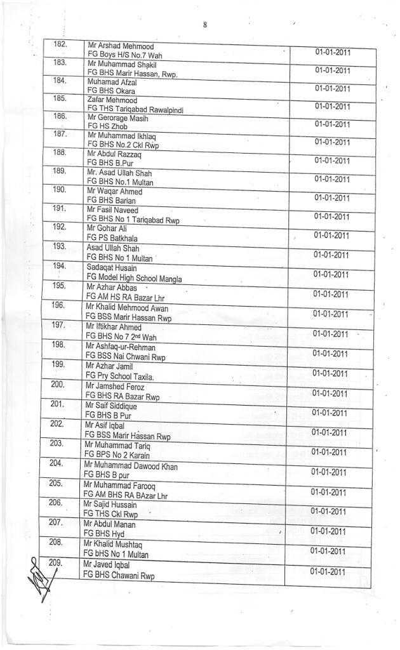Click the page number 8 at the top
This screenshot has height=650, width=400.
[x=205, y=25]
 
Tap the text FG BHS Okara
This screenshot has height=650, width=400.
[x=112, y=91]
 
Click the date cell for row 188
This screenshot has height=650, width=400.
[x=333, y=161]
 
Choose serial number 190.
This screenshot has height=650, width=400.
[x=60, y=190]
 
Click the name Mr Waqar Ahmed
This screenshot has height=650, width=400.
[x=115, y=192]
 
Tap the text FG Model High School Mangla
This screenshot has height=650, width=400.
[x=134, y=279]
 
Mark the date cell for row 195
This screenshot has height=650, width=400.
[x=331, y=295]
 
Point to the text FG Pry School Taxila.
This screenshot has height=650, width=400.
[x=119, y=377]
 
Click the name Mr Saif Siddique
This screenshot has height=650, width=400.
[x=112, y=406]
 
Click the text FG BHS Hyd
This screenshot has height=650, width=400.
[x=104, y=534]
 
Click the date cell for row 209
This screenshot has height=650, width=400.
[x=328, y=571]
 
